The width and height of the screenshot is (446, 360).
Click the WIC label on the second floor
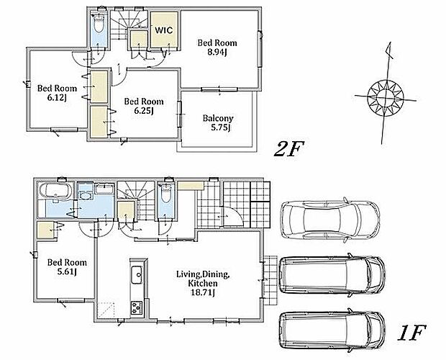164,30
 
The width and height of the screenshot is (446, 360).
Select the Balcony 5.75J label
218,123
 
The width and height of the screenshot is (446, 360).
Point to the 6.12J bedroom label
57,93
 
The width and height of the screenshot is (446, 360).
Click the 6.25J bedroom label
144,106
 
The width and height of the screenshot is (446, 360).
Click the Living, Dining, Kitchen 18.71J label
203,283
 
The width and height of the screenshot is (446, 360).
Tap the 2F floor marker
288,148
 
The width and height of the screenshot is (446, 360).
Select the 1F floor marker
411,333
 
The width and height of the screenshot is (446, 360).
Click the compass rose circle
385,98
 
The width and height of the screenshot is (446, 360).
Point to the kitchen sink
137,274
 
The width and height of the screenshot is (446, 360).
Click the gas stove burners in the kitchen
137,307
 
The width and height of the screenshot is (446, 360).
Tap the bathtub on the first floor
57,190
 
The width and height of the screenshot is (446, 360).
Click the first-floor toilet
166,193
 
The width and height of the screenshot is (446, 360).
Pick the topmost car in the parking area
329,219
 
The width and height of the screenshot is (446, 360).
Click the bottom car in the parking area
332,330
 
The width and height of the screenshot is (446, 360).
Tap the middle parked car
332,274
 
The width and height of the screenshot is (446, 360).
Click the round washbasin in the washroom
85,196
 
